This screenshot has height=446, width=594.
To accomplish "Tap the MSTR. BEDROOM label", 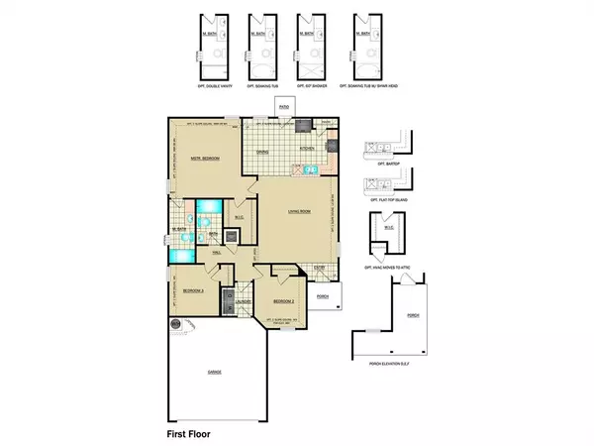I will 203,159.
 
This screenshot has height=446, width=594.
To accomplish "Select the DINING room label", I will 264,153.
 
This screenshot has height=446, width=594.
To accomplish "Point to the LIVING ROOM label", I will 287,210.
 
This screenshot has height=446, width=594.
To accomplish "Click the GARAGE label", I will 214,372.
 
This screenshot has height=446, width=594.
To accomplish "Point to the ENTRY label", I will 320,266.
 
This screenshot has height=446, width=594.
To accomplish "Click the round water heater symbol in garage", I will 176,322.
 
